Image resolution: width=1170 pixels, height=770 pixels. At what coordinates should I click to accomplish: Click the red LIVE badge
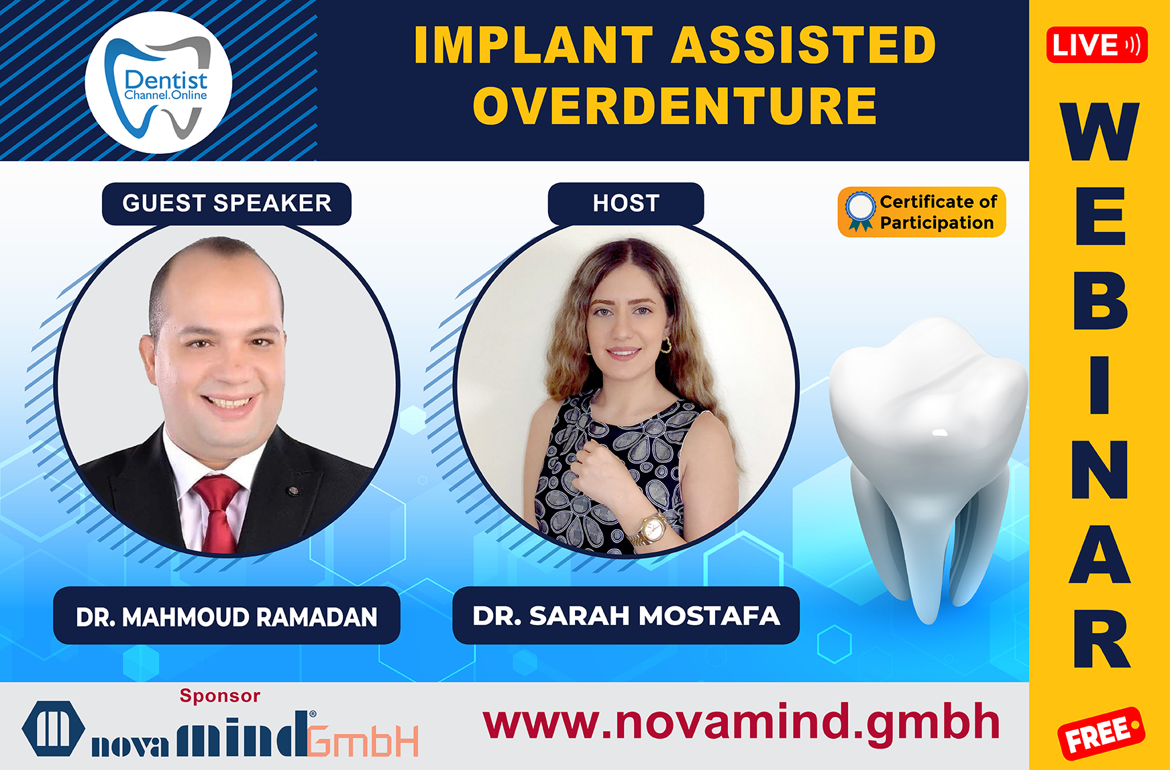point(1097,45)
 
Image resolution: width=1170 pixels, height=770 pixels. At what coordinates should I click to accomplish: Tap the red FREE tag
point(1101,733)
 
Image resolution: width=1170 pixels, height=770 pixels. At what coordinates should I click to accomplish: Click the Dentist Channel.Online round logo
point(159,82)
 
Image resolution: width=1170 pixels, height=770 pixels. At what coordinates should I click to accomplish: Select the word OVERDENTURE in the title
point(675,106)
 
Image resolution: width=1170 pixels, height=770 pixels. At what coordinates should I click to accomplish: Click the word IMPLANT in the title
point(533,45)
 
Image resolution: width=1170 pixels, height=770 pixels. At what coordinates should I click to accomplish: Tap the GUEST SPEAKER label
point(227,203)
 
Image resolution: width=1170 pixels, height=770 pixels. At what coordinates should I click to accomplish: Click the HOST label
point(626,203)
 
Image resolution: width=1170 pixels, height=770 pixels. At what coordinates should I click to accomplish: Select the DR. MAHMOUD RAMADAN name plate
point(227,616)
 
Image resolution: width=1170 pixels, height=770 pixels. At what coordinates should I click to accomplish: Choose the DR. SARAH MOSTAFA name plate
point(626,615)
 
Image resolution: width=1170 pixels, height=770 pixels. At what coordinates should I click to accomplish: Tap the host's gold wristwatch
point(651,530)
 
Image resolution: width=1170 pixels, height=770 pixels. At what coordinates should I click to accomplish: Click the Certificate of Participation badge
point(922,212)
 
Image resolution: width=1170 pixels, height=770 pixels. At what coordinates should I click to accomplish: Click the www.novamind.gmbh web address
point(741,723)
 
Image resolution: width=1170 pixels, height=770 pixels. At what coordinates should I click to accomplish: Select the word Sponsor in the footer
point(220,696)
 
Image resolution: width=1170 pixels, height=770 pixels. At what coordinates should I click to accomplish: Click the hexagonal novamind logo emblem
point(54,728)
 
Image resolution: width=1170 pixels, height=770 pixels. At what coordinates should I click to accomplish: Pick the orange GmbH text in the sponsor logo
point(364,740)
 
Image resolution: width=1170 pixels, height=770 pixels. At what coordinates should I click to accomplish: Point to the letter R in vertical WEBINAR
point(1102,639)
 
